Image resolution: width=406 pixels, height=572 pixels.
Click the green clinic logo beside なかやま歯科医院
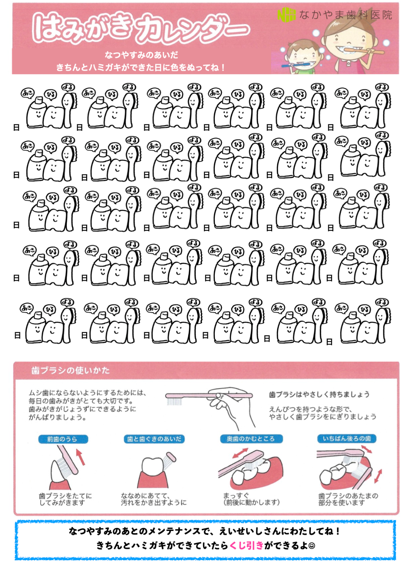[x=286, y=15]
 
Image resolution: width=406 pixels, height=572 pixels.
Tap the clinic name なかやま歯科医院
[x=346, y=15]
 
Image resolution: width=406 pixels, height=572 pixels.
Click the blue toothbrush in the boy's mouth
[x=296, y=65]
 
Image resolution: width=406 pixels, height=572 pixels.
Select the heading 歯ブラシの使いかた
[x=71, y=370]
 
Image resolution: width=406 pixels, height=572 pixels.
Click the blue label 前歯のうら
[x=63, y=439]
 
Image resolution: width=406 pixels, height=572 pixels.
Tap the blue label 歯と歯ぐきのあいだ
[x=154, y=439]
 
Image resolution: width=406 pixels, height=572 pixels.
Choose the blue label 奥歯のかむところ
[x=251, y=439]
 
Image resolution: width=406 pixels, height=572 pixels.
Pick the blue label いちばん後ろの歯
[x=347, y=438]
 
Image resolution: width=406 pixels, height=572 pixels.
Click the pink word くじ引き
[x=246, y=545]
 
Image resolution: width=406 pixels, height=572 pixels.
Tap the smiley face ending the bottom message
[x=312, y=546]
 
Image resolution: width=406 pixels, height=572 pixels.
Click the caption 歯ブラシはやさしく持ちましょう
[x=319, y=394]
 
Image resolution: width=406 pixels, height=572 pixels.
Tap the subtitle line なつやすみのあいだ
[x=141, y=55]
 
